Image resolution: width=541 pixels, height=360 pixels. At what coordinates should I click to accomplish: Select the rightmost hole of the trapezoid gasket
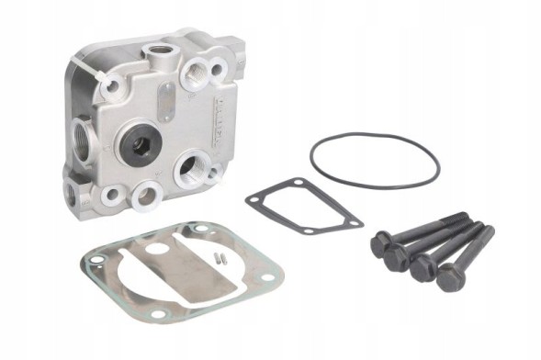coord(353,221)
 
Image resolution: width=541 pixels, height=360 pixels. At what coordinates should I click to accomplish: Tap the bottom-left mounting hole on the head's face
coord(114,194)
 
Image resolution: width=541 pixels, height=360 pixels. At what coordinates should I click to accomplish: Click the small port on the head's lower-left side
coord(71,191)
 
